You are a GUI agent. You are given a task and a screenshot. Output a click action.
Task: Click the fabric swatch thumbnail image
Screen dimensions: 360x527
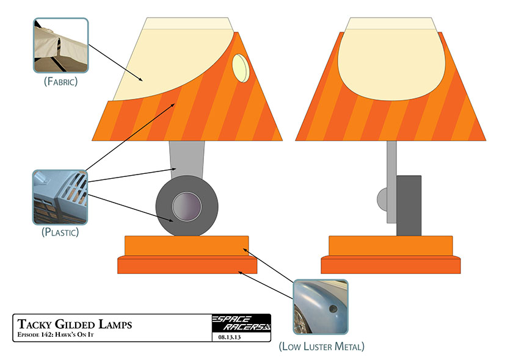click(x=60, y=45)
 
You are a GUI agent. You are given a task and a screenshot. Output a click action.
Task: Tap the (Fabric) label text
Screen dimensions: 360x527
click(x=60, y=81)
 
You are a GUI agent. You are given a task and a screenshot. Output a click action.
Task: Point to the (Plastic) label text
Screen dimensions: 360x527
click(x=60, y=232)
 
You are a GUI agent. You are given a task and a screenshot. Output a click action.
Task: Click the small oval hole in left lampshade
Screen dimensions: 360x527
click(x=242, y=68)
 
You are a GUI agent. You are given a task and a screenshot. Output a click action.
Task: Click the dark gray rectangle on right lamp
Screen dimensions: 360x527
click(x=409, y=205)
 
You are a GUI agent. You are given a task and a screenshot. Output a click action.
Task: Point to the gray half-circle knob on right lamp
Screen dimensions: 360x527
click(x=382, y=198)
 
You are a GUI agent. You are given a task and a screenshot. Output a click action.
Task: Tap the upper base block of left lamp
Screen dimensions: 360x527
click(x=186, y=247)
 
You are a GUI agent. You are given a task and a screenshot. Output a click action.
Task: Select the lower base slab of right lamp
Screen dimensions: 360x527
click(x=391, y=265)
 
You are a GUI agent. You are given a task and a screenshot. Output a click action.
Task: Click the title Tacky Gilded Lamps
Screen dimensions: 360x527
click(x=75, y=324)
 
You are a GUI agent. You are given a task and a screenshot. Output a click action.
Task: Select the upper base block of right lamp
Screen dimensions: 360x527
click(x=391, y=246)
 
